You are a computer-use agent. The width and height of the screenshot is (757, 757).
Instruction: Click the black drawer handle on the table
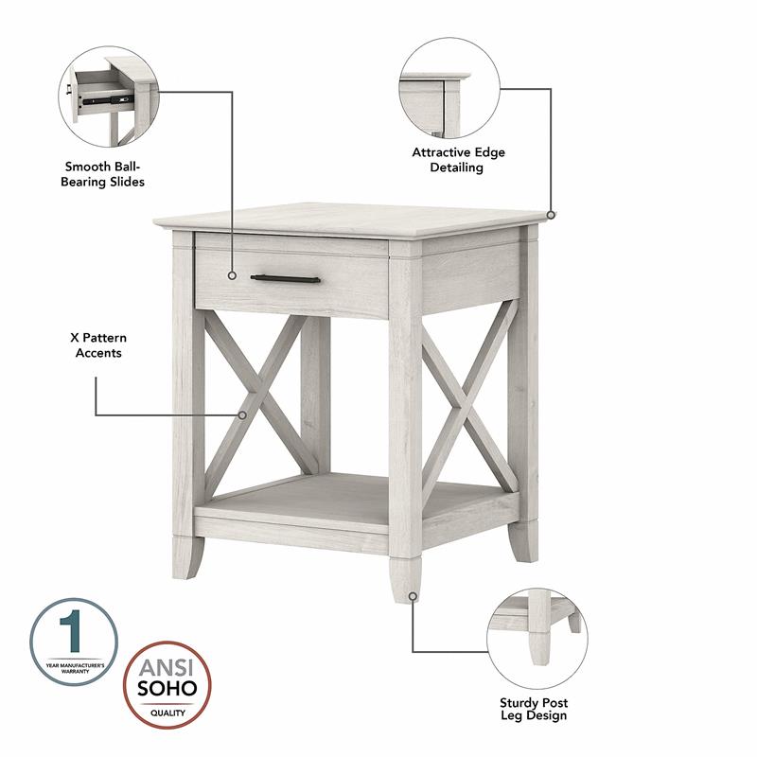click(x=285, y=277)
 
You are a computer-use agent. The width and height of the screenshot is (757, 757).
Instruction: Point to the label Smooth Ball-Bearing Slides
click(x=105, y=173)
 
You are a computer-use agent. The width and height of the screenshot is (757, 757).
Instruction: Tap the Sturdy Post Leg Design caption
click(x=535, y=709)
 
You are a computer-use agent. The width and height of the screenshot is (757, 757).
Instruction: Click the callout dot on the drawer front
click(x=232, y=275)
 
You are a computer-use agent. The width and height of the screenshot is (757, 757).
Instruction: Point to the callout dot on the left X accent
click(x=243, y=414)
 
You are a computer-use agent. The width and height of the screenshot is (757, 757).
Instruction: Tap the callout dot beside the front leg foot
click(x=413, y=596)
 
